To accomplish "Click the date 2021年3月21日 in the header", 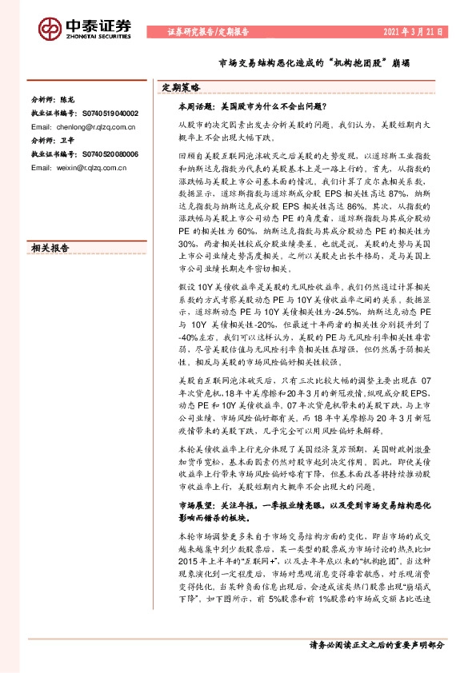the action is coord(414,32).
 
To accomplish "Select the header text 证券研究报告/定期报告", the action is coord(208,33).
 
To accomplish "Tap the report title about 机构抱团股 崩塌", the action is coord(309,62).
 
